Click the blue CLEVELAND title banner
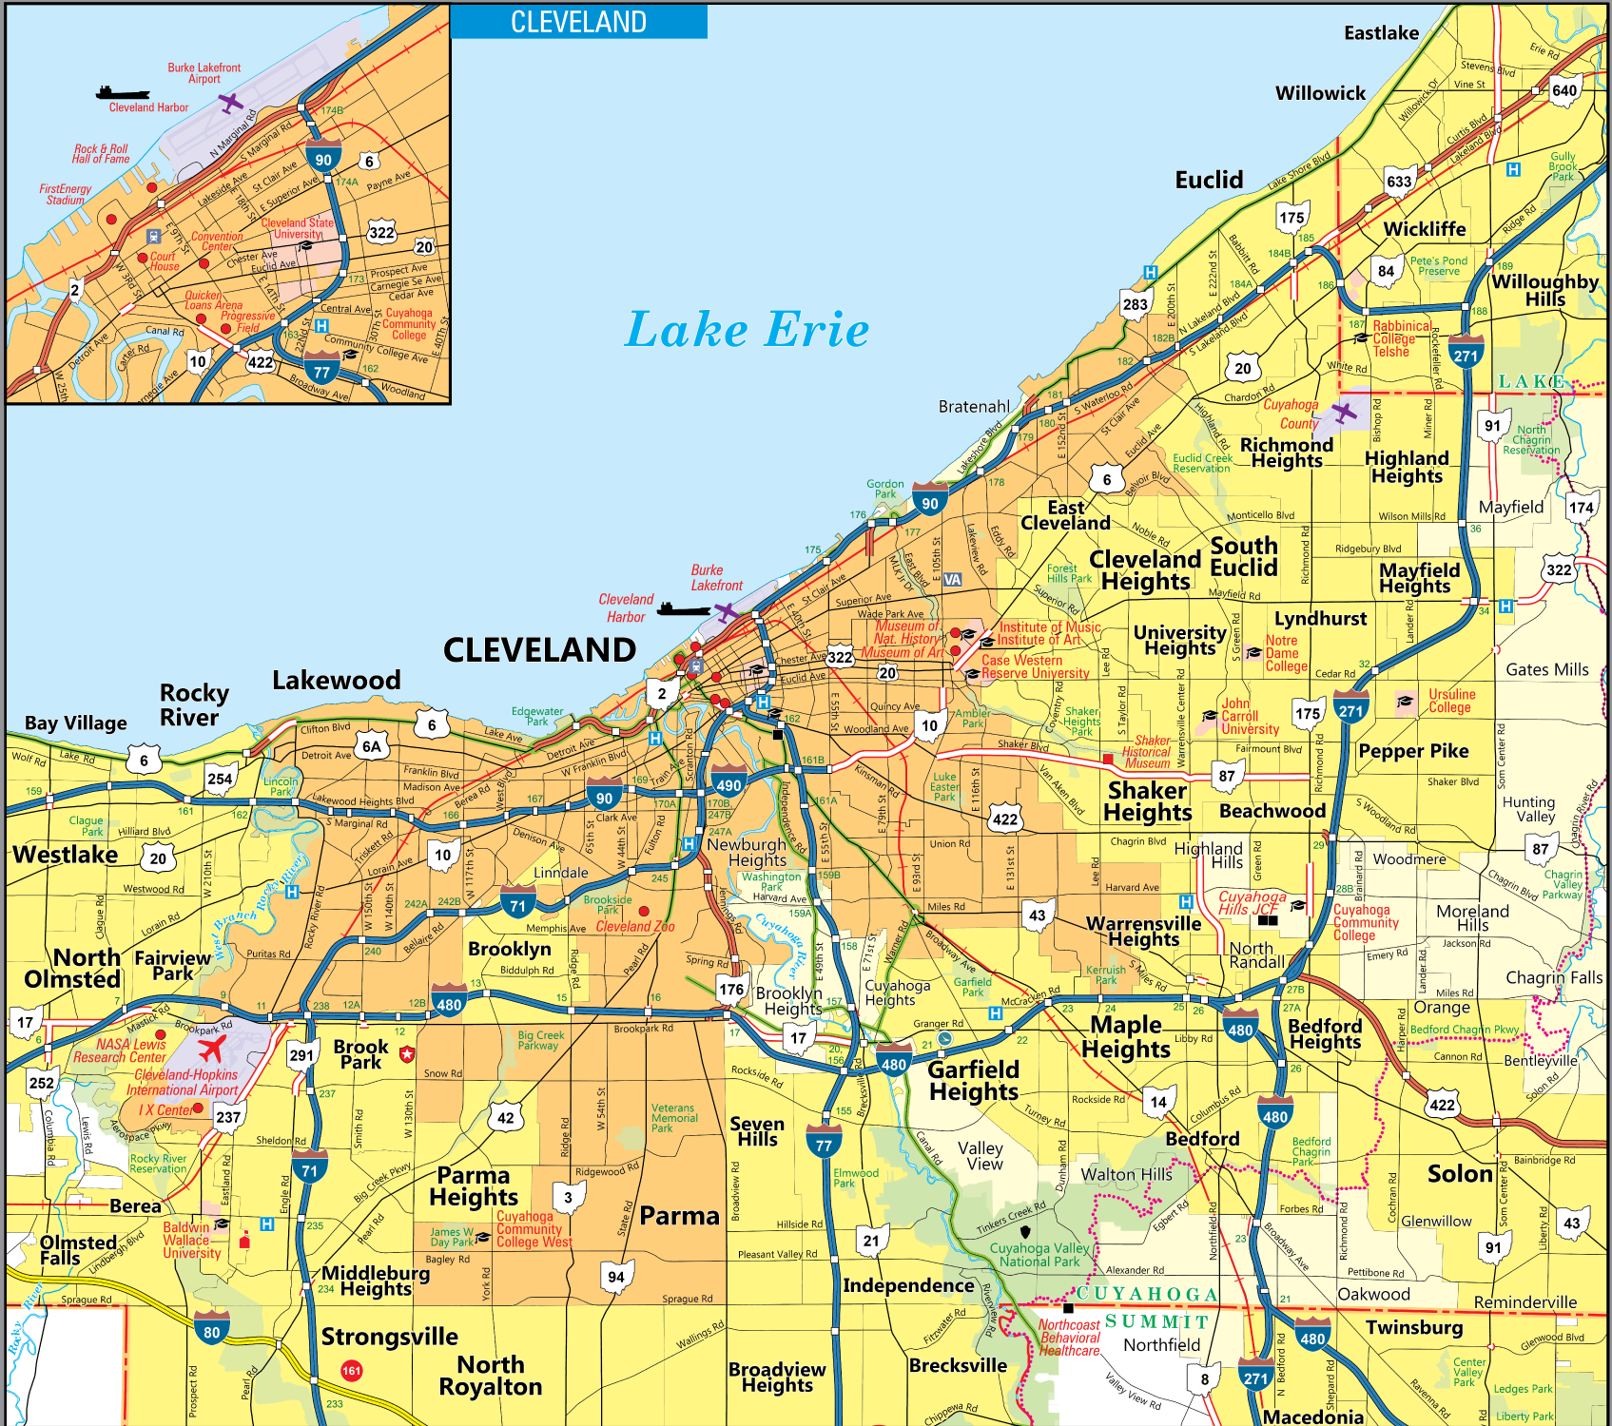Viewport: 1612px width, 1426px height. (x=578, y=22)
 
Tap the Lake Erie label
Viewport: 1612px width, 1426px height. (x=747, y=330)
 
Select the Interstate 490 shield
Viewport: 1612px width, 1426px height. (x=728, y=782)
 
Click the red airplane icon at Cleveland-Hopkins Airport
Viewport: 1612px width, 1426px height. (x=211, y=1050)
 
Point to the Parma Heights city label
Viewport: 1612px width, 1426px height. (x=474, y=1186)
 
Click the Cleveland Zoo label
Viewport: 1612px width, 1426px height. (x=635, y=926)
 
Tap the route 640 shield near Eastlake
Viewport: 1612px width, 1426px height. (x=1564, y=90)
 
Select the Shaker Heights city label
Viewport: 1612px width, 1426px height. (x=1147, y=801)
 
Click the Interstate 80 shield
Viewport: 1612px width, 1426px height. (x=211, y=1330)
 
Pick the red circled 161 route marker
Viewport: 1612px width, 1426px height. (x=352, y=1370)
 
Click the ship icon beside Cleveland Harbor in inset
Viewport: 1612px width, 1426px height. (x=123, y=92)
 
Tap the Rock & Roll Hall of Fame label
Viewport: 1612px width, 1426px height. (x=101, y=154)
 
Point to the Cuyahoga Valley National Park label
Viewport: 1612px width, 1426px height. (x=1039, y=1255)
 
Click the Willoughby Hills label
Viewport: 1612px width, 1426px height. (x=1544, y=290)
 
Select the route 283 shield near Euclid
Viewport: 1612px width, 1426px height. (x=1136, y=304)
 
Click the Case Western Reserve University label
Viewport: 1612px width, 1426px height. (x=1035, y=666)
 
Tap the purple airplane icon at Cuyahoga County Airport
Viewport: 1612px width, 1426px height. (x=1344, y=413)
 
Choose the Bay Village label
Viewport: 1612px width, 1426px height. (x=75, y=723)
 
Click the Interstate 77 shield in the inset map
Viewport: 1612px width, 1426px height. (x=322, y=371)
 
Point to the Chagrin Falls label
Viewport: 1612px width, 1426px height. (x=1554, y=977)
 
